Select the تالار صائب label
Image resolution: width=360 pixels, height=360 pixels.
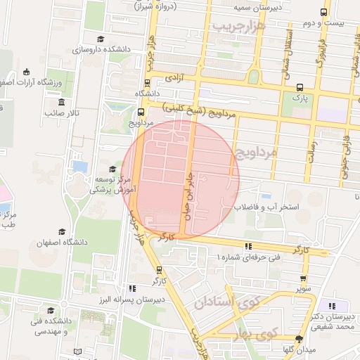coord(63,112)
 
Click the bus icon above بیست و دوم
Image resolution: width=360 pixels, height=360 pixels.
coord(323,13)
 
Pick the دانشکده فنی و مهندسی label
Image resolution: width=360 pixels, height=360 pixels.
coord(50,326)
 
